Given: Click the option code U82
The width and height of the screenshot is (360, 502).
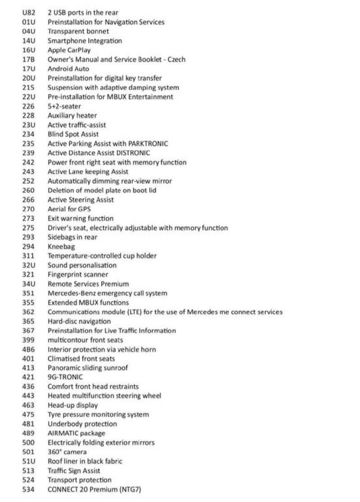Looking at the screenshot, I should point(28,13).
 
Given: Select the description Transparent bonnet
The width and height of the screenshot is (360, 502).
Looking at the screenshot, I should point(78,32).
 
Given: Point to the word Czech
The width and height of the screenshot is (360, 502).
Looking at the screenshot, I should point(176,59).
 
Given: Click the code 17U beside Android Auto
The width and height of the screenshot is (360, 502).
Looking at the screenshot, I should point(28,69).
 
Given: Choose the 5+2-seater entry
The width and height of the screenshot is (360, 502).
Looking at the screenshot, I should point(64,106).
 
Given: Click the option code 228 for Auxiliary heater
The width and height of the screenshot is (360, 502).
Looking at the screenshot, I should point(28,116).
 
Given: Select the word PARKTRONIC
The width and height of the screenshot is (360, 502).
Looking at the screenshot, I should point(148,144).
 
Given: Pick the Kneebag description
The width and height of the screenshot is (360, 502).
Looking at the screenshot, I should point(61,246).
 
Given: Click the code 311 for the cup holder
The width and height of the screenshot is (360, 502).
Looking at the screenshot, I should point(28,256).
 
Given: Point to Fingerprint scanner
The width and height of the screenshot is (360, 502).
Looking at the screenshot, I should point(78,274).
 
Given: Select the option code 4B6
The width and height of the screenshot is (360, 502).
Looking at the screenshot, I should point(28,349).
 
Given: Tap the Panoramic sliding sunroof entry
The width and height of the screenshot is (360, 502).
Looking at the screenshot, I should point(88,368).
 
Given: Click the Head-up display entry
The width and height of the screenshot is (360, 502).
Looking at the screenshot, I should point(72,405).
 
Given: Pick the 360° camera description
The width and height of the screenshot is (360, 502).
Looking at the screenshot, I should point(67,452).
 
